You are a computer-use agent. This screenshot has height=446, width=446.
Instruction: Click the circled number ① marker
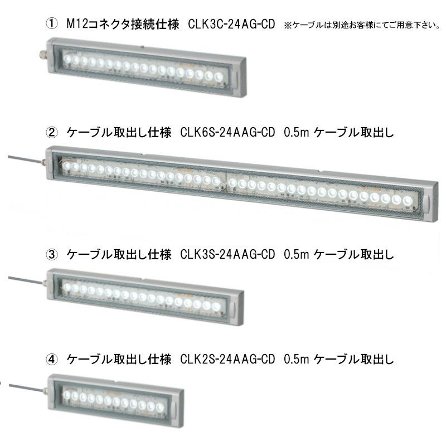[51, 23]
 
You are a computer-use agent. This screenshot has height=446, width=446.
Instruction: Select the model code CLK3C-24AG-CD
[231, 24]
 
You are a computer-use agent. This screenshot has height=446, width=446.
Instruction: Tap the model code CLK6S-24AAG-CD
[227, 132]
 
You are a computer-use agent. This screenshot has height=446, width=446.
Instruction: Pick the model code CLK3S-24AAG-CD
[227, 254]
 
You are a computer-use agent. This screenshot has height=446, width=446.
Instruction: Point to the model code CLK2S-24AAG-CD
[227, 359]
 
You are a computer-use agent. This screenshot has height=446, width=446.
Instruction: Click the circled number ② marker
[51, 132]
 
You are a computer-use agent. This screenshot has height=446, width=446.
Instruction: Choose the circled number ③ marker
[51, 254]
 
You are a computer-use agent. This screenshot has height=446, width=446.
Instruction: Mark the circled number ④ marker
[51, 359]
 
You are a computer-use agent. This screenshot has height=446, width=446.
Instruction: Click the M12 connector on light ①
[43, 53]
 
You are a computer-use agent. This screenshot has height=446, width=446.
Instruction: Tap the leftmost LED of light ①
[67, 59]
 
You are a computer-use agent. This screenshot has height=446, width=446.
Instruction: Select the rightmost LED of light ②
[407, 200]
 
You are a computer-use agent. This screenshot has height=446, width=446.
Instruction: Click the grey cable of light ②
[25, 159]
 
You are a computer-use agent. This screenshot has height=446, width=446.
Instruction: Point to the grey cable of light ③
[25, 280]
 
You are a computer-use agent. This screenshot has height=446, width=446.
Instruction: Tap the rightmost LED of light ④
[160, 408]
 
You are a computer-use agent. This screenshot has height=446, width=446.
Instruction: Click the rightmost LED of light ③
[216, 307]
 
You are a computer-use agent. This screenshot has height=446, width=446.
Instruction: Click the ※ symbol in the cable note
[288, 25]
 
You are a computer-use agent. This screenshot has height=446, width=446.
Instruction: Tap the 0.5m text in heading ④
[296, 360]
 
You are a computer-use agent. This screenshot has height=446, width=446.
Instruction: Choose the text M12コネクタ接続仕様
[123, 24]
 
